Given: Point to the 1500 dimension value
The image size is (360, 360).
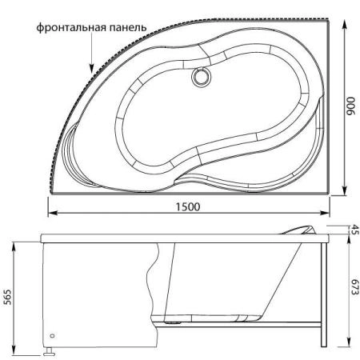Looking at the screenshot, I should (189, 206).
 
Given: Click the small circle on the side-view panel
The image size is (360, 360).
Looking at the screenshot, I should (52, 337).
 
